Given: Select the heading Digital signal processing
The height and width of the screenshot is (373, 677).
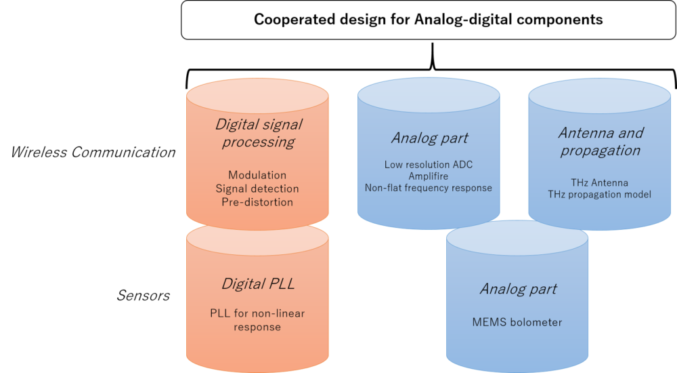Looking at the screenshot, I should click(x=257, y=133).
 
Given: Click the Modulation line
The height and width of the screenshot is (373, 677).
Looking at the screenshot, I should click(x=257, y=175).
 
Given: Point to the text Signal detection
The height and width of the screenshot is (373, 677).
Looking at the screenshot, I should click(x=257, y=188).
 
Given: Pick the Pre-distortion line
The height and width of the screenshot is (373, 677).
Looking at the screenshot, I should click(x=257, y=201).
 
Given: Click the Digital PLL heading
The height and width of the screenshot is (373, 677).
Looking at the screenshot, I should click(x=258, y=284).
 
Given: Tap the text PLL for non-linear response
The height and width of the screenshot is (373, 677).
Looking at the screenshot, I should click(x=257, y=320).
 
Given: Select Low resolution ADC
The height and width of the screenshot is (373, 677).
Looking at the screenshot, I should click(x=429, y=164).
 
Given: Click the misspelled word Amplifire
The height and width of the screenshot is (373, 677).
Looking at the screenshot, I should click(x=429, y=176).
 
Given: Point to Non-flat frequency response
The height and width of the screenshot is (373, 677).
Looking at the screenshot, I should click(x=429, y=188).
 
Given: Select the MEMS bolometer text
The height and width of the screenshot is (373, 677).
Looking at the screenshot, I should click(x=517, y=322).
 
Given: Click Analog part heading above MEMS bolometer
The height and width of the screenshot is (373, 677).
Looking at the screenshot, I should click(x=518, y=289).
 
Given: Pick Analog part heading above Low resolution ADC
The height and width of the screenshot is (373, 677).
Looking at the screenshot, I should click(x=429, y=138).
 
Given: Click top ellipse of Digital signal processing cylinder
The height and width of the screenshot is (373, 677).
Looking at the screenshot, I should click(x=257, y=97).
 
